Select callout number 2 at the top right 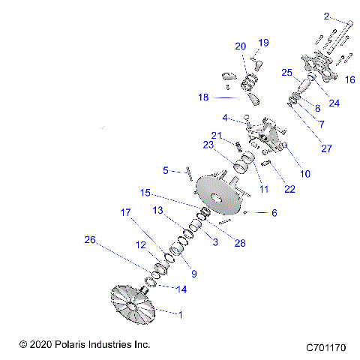coord(327,16)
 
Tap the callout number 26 coord(90,240)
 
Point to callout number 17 coord(125,213)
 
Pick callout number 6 coord(274,213)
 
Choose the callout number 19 coord(263,42)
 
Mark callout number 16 coord(350,78)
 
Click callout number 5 coord(166,169)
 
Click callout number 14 coord(182,289)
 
